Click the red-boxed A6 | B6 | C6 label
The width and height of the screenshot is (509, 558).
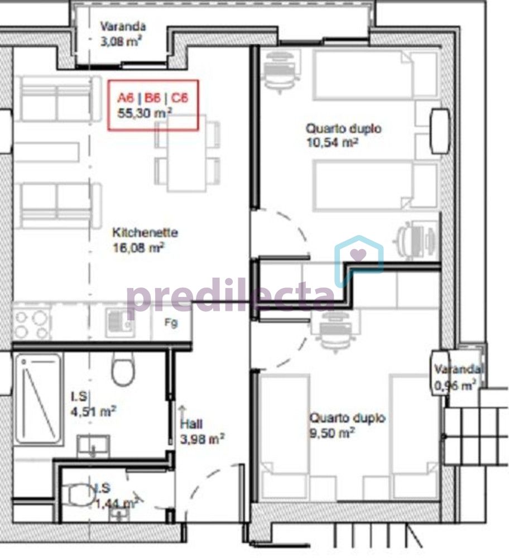tap(153, 98)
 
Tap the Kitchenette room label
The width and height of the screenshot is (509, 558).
tap(145, 232)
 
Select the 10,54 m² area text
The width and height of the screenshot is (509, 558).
tap(332, 143)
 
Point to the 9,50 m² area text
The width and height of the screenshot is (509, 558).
tap(332, 433)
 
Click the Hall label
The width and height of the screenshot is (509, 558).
tap(191, 424)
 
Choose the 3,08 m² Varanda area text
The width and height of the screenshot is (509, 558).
tap(121, 42)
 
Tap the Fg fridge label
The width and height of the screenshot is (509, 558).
tap(171, 323)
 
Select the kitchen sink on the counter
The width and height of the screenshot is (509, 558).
tap(121, 323)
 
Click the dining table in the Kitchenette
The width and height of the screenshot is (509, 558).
tap(187, 153)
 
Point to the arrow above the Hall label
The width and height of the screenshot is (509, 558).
tap(183, 412)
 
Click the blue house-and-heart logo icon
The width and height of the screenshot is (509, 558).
tap(359, 261)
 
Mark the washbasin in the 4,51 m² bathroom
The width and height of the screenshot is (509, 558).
tap(93, 446)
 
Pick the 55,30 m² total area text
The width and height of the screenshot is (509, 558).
tap(145, 113)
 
